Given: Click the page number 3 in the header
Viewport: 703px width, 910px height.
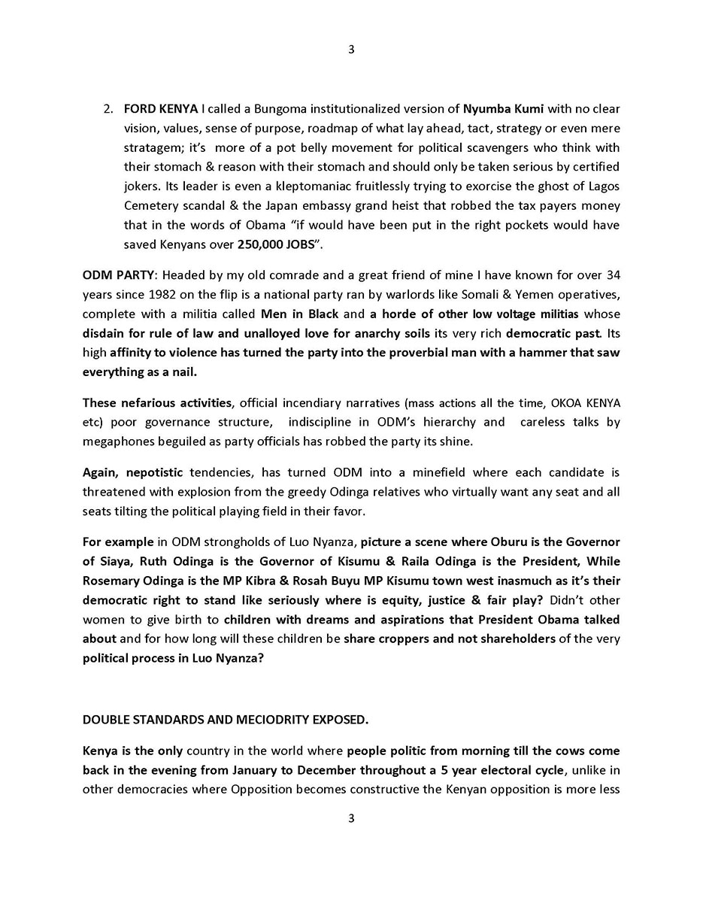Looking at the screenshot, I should tap(351, 50).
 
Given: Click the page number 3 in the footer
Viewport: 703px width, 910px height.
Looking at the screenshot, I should tap(351, 818).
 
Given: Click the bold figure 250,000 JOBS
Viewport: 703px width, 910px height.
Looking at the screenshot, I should tap(275, 244).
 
